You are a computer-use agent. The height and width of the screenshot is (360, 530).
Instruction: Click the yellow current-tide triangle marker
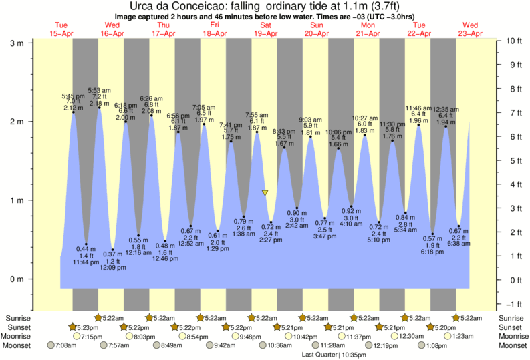pos(265,193)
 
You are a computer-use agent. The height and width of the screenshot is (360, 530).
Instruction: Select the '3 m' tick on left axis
pos(17,43)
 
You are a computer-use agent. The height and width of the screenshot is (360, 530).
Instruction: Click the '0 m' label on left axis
pos(17,279)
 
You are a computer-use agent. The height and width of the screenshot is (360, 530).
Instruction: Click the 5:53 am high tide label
pos(99,90)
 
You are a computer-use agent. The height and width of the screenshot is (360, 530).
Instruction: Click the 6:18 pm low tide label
pos(432,252)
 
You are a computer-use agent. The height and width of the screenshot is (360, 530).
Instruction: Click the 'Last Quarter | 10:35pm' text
pos(329,355)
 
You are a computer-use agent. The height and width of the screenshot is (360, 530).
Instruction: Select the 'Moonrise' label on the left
pos(19,337)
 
